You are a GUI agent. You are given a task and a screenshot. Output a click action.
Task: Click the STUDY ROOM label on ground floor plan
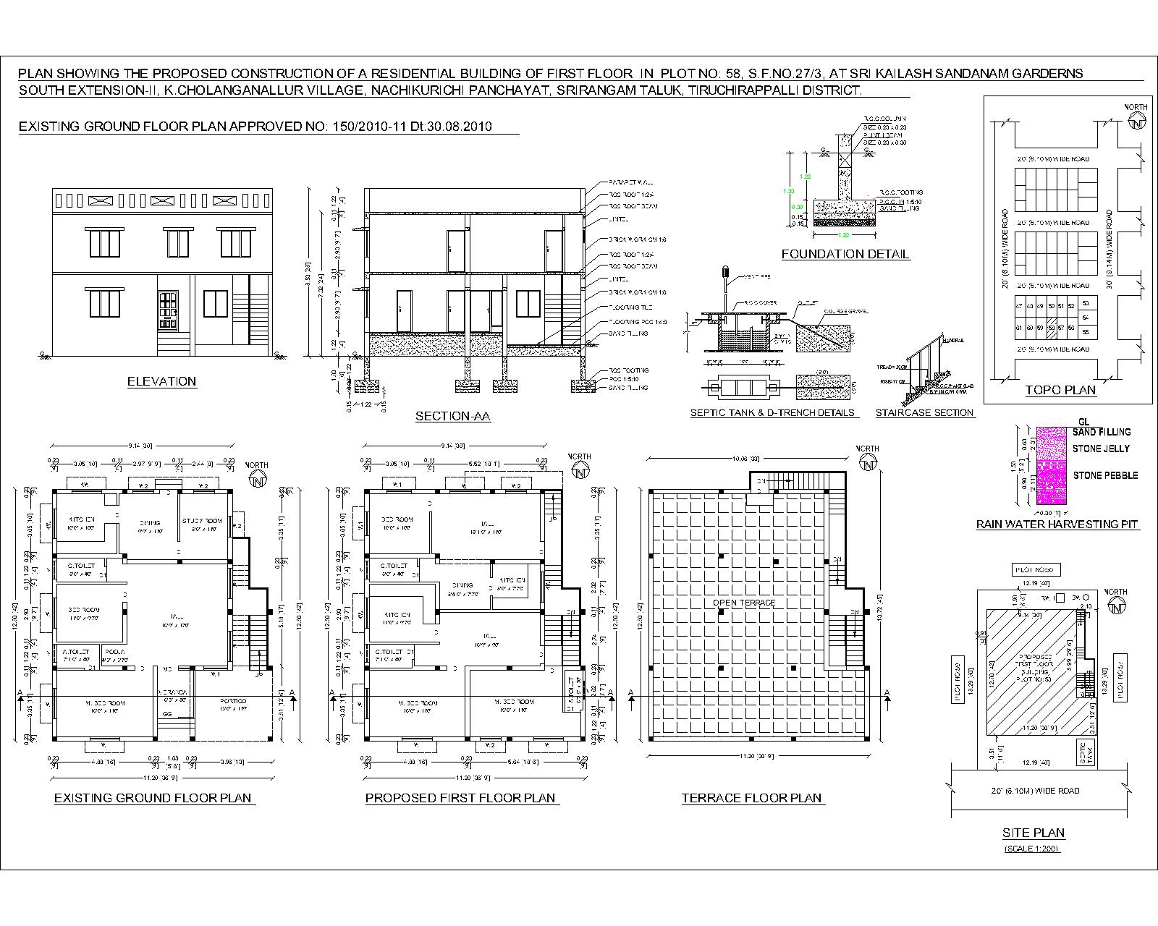click(202, 520)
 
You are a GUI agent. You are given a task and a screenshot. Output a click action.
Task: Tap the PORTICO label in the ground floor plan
click(233, 701)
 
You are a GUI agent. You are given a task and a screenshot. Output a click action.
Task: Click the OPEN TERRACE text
click(743, 603)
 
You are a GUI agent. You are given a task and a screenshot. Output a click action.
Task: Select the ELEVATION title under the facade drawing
click(161, 381)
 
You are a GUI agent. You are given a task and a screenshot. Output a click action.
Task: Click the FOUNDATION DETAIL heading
click(845, 254)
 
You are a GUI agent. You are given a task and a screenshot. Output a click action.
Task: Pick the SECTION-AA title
click(452, 416)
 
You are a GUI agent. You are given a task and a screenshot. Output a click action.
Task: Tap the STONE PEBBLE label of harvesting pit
click(1105, 475)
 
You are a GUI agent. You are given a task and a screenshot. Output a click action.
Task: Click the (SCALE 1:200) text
click(1033, 848)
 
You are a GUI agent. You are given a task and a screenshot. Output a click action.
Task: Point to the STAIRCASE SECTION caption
click(925, 413)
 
